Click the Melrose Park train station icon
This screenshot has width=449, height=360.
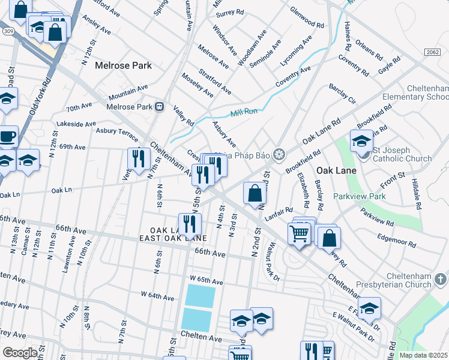tap(160, 107)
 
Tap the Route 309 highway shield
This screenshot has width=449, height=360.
tap(8, 31)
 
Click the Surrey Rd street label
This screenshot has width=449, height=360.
tap(230, 12)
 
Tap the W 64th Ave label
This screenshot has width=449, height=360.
tap(157, 295)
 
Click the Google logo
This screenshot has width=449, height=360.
tap(19, 353)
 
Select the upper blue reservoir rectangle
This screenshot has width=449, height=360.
tap(200, 295)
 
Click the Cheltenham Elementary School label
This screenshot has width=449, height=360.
tap(415, 92)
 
